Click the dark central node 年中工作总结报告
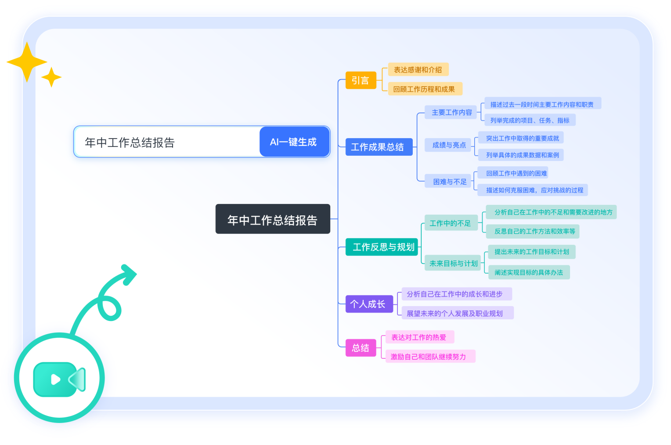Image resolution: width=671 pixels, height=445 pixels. click(x=272, y=219)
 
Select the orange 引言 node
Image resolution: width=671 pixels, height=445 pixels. click(x=361, y=80)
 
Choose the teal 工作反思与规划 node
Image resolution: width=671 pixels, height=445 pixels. click(x=383, y=247)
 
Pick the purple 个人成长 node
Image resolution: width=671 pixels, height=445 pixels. click(x=368, y=304)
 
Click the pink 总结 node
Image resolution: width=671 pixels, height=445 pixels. click(x=361, y=348)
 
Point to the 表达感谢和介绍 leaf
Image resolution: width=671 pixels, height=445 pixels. click(x=418, y=69)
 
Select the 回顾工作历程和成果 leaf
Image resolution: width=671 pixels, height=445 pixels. click(x=424, y=89)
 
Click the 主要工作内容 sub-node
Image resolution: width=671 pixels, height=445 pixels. click(x=451, y=112)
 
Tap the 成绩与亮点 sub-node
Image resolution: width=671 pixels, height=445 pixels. click(x=449, y=145)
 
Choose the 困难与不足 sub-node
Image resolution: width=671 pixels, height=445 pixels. click(x=449, y=181)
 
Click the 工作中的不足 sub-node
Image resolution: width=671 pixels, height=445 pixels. click(x=450, y=223)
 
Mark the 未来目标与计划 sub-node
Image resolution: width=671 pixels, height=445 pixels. click(x=453, y=263)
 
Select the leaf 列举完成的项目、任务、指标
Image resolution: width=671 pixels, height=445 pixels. click(x=530, y=120)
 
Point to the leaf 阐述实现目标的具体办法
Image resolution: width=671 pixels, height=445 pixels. click(x=529, y=272)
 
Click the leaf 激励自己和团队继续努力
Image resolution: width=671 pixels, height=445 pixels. click(x=428, y=356)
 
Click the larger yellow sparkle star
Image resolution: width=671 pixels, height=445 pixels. click(x=27, y=62)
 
